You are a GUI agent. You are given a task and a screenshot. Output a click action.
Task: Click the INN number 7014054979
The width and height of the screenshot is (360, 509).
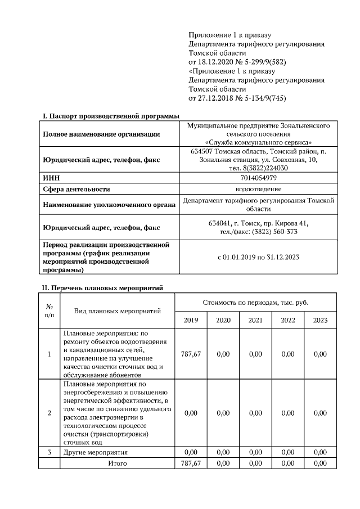tap(259, 177)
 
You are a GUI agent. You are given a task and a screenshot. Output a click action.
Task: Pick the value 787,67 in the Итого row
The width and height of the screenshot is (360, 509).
tap(191, 463)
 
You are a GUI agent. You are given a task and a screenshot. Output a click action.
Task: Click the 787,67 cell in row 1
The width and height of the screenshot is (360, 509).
tap(191, 354)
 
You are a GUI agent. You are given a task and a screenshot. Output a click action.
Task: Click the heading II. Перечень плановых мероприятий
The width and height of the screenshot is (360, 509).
tap(103, 287)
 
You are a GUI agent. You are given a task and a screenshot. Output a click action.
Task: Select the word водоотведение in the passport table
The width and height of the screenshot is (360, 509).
tap(259, 189)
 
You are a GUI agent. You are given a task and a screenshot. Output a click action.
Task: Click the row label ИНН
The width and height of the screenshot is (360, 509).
tap(51, 177)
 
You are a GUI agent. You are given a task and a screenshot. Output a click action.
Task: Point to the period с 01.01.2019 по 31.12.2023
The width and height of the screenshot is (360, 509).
tap(259, 257)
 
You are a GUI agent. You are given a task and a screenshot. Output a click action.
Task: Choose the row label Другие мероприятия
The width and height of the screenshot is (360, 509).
tap(96, 452)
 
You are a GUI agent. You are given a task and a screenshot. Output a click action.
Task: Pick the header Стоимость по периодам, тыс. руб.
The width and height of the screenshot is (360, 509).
tap(255, 302)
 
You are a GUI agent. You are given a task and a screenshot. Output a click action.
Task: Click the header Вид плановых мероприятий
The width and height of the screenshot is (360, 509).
tap(118, 310)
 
